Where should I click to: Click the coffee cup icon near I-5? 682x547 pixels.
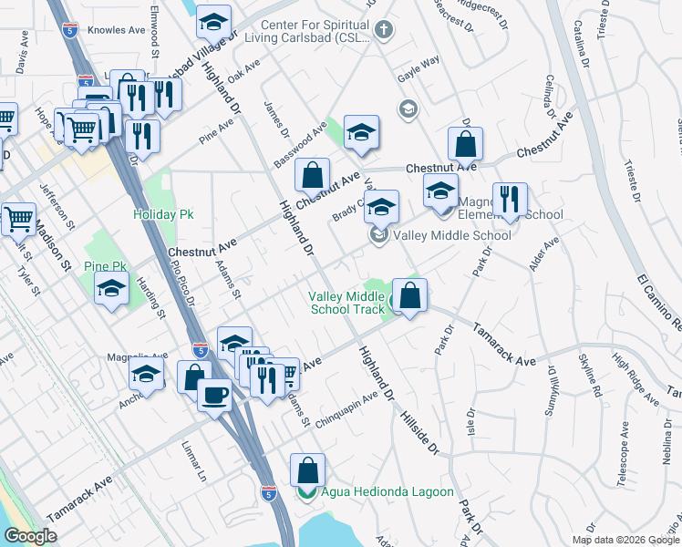click(x=214, y=396)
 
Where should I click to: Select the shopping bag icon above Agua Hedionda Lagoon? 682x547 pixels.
click(x=307, y=470)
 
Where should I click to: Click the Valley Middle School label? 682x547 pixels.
click(x=451, y=235)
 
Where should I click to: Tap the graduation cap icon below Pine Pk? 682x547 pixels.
click(x=112, y=289)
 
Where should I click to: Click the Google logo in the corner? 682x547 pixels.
click(x=31, y=536)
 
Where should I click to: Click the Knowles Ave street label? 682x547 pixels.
click(x=117, y=30)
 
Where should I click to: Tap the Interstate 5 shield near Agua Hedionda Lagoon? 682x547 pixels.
click(x=268, y=493)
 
